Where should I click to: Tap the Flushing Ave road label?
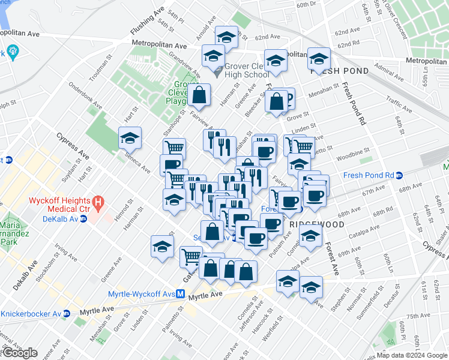coord(147,22)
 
